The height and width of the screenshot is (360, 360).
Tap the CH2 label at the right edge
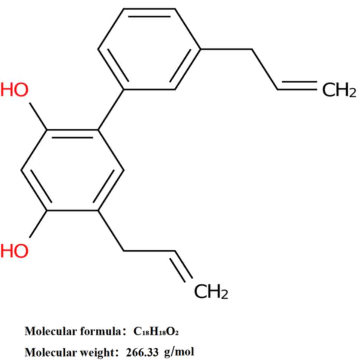[x=339, y=90]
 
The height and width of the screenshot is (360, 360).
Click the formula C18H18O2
[x=156, y=331]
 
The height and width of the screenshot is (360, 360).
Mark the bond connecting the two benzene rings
[x=111, y=110]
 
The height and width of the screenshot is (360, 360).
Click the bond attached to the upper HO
[x=38, y=116]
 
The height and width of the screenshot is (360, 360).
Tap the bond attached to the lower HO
[x=38, y=224]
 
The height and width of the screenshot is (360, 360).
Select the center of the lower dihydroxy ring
[x=72, y=170]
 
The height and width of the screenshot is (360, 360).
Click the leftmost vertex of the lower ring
[x=22, y=170]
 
